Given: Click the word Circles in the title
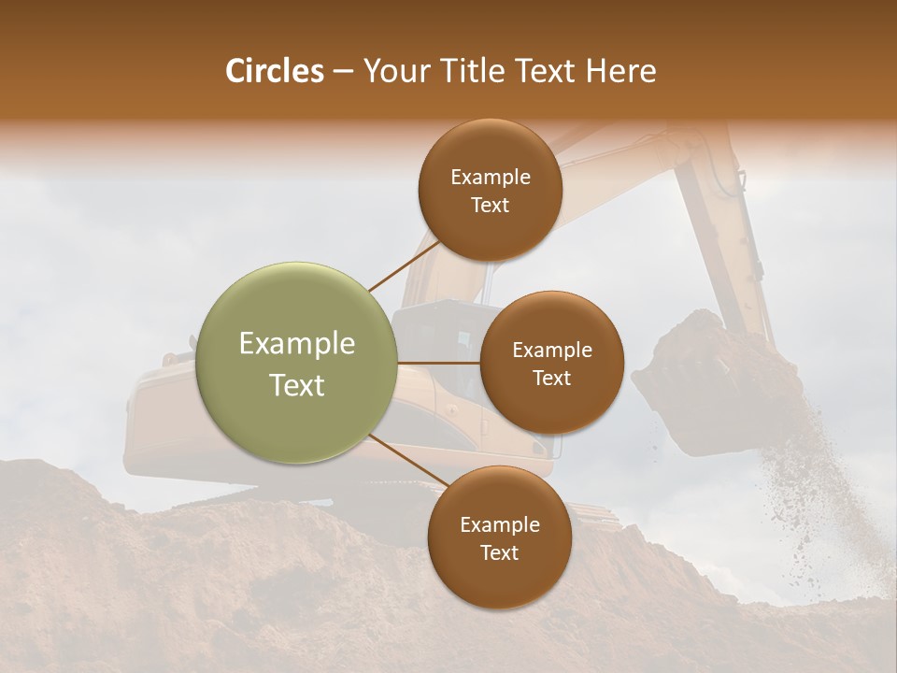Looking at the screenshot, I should [274, 71].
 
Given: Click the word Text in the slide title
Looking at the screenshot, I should [548, 71].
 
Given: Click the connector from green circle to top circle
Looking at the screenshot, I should [402, 264].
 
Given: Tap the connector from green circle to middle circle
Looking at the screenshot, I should [439, 363].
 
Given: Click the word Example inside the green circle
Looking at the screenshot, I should [297, 344].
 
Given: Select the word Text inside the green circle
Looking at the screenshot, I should [297, 385].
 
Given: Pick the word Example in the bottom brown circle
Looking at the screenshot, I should [499, 524].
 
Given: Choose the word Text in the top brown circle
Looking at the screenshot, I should [490, 205].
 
